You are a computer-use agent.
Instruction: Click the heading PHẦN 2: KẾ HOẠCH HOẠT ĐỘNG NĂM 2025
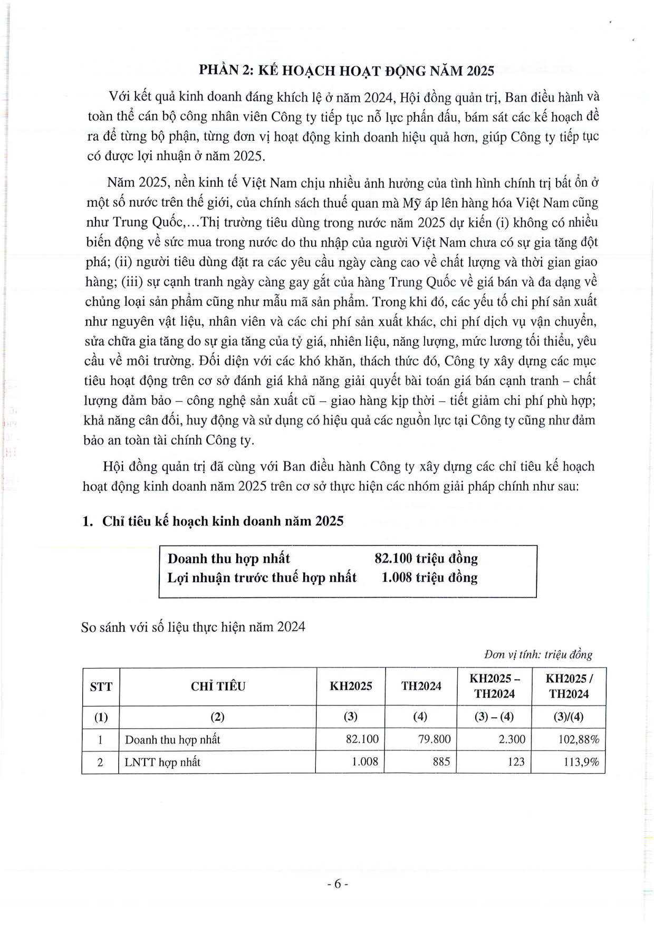346,71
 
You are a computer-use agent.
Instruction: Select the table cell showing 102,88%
579,739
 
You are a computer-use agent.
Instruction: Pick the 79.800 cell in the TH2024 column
434,739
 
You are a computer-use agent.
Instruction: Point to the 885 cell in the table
441,762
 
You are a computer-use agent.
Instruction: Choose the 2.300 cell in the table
512,739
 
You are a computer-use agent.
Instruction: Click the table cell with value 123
516,762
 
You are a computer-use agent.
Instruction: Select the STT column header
101,686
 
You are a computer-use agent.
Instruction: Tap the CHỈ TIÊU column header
218,686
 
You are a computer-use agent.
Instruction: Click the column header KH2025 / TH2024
568,686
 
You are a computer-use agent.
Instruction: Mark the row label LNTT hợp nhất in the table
162,762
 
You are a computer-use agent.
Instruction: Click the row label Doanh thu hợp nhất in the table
172,739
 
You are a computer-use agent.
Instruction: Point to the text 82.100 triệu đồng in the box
426,558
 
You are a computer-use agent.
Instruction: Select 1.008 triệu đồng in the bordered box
429,577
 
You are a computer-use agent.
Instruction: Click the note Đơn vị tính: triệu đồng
538,654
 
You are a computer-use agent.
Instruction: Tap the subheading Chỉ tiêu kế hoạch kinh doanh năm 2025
223,521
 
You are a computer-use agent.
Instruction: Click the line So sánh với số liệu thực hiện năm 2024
193,627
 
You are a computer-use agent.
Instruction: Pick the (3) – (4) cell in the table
494,717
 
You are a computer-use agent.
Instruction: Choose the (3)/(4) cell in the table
568,717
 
